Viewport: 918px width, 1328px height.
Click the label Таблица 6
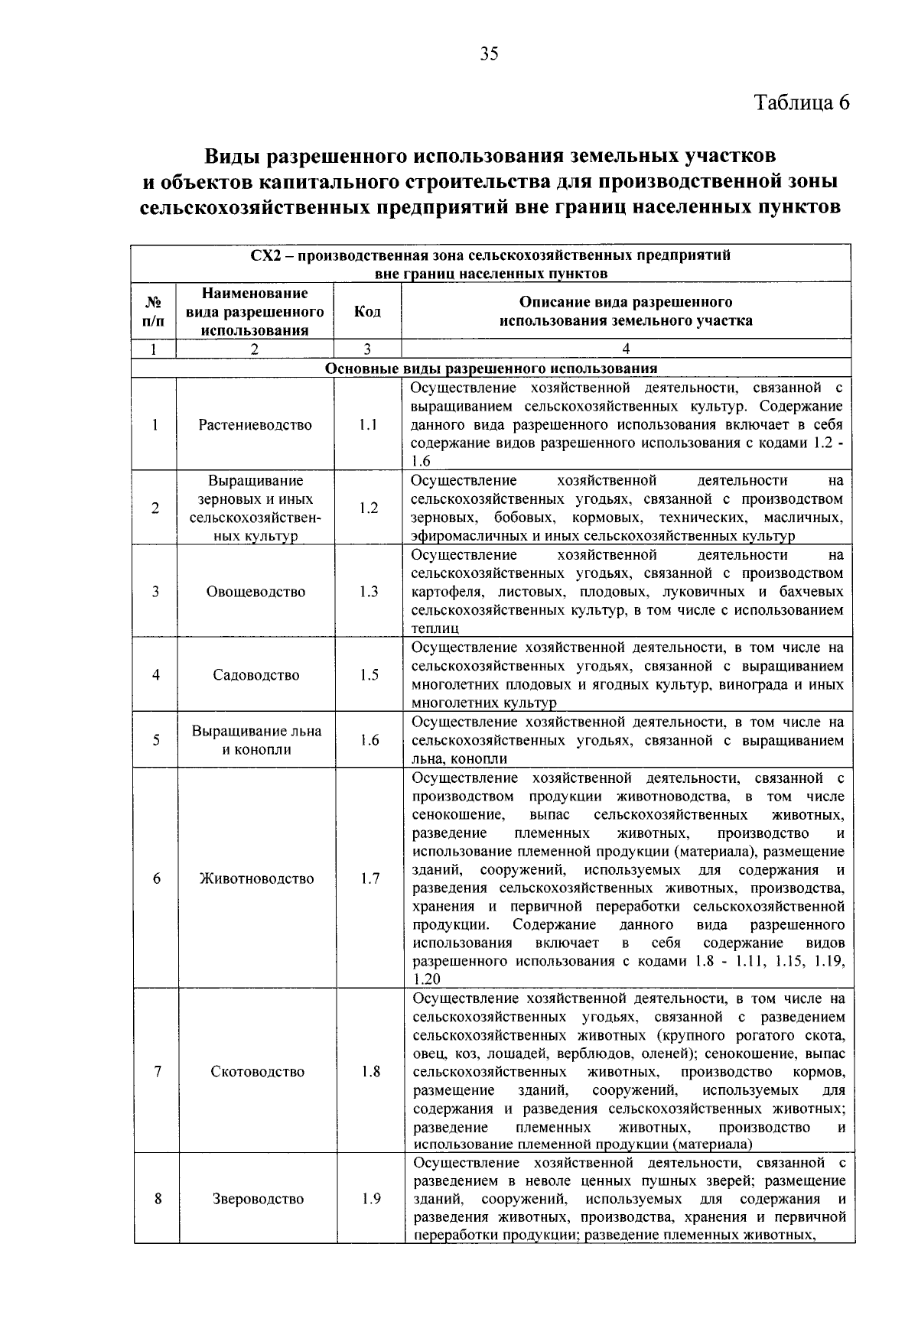pos(802,102)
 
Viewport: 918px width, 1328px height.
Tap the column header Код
pos(367,311)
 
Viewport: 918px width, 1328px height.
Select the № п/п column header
pos(153,311)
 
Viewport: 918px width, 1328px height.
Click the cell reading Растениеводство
pos(255,425)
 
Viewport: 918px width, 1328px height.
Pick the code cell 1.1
pos(367,425)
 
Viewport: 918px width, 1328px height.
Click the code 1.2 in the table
pos(368,508)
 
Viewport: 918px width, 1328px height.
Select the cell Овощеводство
pos(256,592)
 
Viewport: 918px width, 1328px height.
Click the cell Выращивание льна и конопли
pos(256,740)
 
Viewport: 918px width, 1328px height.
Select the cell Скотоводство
pos(257,1072)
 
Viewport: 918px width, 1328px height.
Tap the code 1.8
pos(370,1072)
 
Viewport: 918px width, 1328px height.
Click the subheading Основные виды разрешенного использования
pos(491,368)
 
